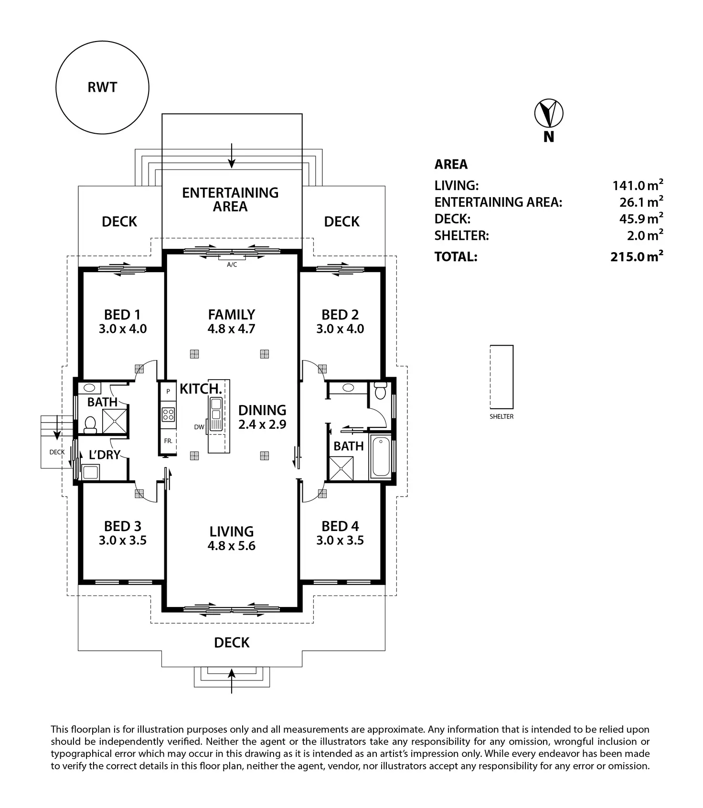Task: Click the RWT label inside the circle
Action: click(102, 87)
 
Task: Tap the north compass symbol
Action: click(548, 114)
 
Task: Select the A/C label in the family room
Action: click(232, 265)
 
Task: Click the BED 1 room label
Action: click(122, 315)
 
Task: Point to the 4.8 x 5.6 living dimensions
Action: click(232, 546)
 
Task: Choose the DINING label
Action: click(262, 410)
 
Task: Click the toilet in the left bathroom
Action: click(90, 424)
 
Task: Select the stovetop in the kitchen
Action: click(168, 414)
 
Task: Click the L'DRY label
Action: click(105, 455)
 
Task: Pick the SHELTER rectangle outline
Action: click(501, 376)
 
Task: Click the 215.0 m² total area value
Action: click(637, 256)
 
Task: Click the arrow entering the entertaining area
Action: click(232, 156)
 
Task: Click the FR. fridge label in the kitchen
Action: click(168, 441)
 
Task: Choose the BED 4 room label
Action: click(340, 526)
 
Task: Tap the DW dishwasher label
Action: click(199, 427)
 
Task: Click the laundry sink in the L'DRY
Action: click(90, 472)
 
